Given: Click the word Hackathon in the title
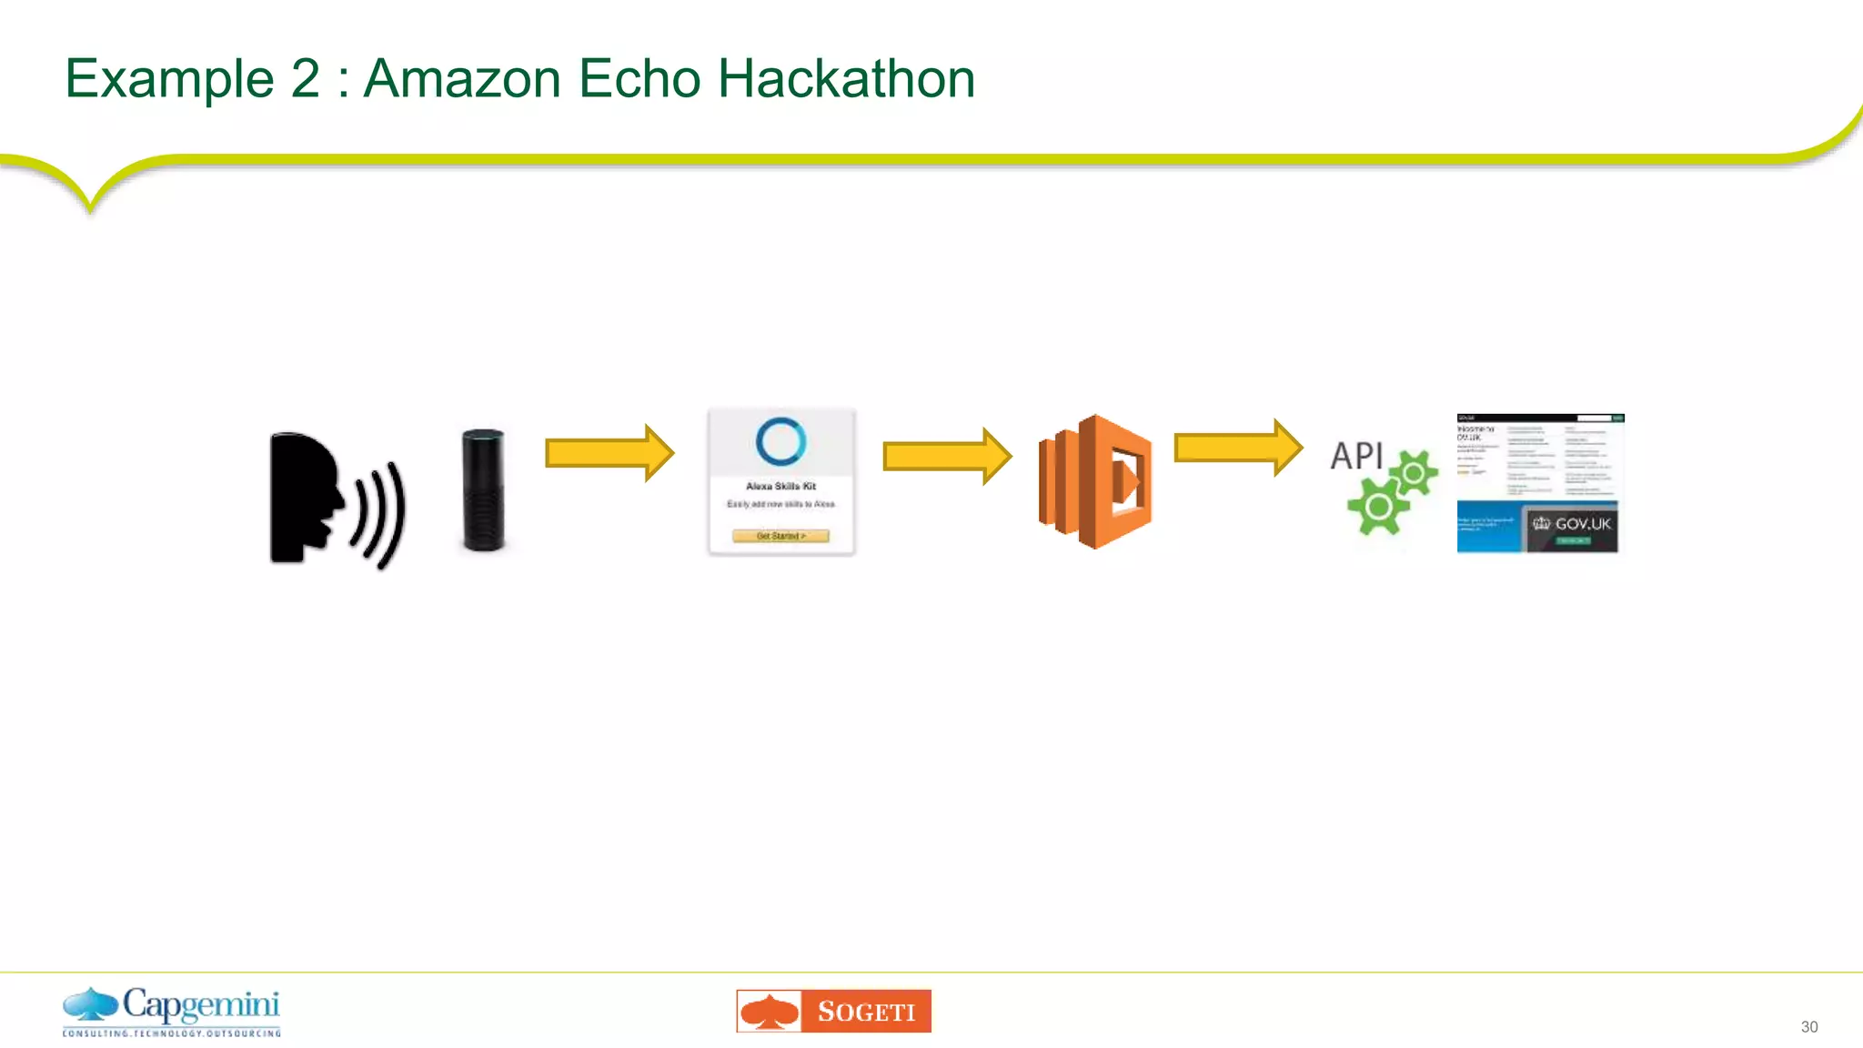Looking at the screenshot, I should pos(846,79).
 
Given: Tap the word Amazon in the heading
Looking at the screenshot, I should pos(462,79).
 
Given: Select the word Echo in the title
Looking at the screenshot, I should pos(639,79).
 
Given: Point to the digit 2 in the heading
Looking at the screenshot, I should pos(306,79).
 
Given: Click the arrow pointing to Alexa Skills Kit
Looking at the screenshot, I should pos(609,452).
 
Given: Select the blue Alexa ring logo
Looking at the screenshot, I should pos(780,441).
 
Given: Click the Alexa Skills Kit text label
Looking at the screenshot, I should pos(780,486).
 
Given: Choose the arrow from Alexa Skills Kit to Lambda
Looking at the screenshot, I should pos(946,456).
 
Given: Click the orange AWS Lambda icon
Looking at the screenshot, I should pos(1095,481).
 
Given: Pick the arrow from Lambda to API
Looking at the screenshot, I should pos(1237,448).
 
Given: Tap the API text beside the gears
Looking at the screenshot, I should pos(1356,456).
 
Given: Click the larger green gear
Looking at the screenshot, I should pos(1377,507).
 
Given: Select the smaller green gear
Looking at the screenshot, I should pos(1414,472).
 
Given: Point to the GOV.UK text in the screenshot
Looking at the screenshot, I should pos(1582,524).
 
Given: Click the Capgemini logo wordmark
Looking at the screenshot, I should pos(200,1004).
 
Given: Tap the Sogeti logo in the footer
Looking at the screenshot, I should pos(833,1011).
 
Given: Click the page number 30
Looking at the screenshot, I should pos(1808,1027).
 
